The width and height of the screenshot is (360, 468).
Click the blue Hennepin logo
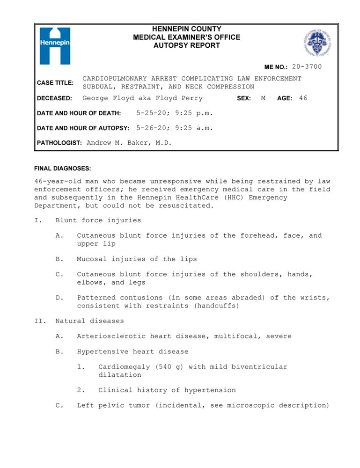point(55,45)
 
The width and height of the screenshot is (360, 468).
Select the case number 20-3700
point(307,67)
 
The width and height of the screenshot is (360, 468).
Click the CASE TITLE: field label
point(55,83)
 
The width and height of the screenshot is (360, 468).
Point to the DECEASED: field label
point(54,98)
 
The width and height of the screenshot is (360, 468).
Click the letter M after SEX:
point(263,98)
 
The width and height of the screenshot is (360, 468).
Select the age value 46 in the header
point(303,98)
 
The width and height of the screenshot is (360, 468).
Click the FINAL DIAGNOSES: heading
point(63,168)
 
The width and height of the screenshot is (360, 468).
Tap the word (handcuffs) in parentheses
point(218,306)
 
